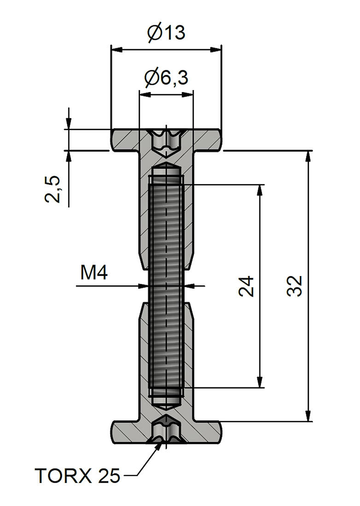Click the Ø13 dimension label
[x=166, y=33]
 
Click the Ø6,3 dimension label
[x=166, y=78]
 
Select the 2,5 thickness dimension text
[x=53, y=189]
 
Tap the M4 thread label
[x=94, y=273]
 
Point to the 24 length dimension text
[x=247, y=286]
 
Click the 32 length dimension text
[x=295, y=286]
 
